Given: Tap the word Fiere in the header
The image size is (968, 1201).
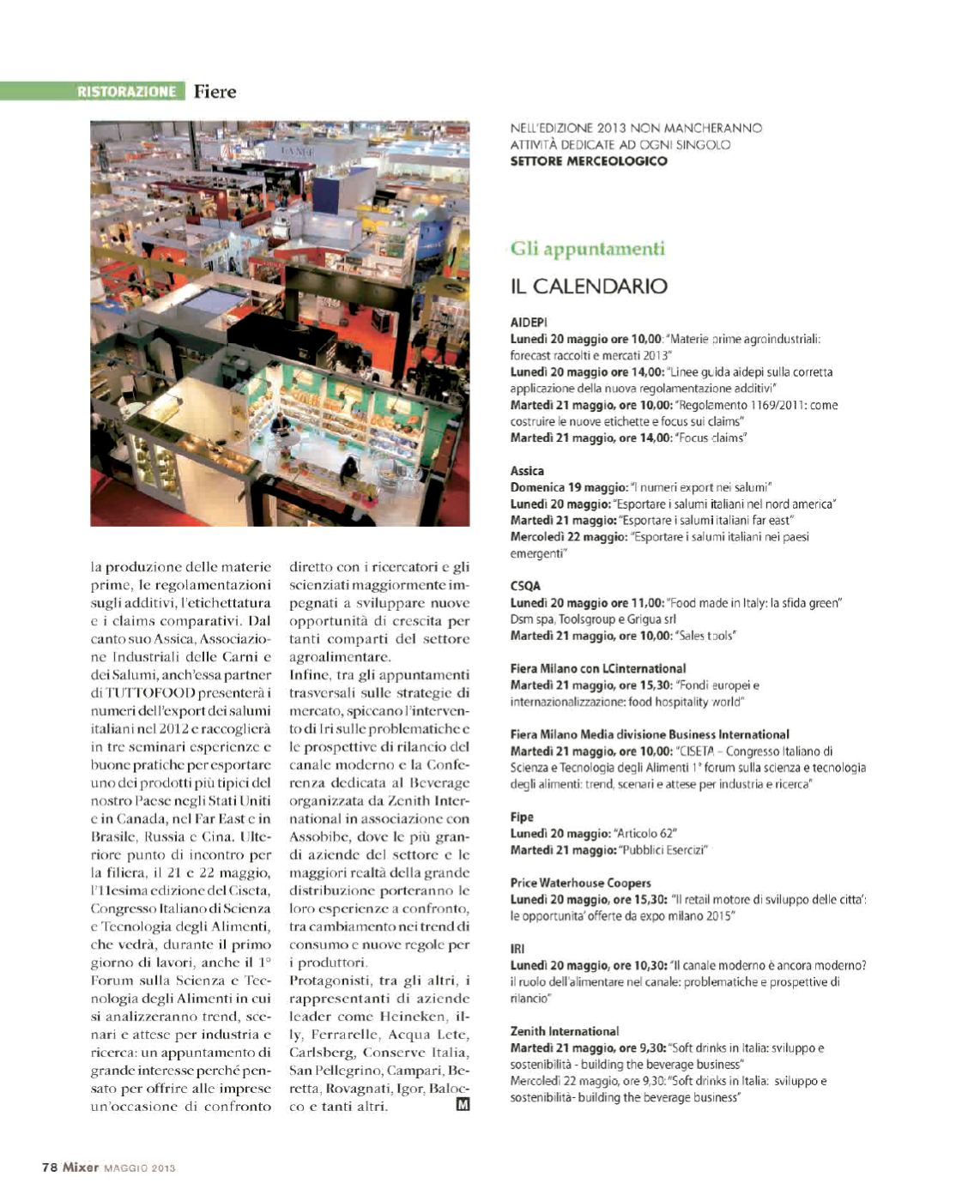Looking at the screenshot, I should tap(215, 91).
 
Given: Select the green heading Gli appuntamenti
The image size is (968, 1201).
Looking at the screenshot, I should tap(587, 249).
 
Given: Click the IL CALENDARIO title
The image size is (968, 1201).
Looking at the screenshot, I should tap(588, 286).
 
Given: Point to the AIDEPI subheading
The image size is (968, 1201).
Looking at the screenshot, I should tap(529, 323).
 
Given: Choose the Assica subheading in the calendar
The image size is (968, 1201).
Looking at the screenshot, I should tap(527, 471).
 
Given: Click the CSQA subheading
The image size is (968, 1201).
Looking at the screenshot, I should tap(525, 586).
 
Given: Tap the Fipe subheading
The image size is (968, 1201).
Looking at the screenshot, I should tap(522, 817).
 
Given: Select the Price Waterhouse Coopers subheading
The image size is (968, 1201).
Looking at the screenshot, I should tap(580, 883).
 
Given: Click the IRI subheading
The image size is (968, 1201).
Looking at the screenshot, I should tap(517, 949).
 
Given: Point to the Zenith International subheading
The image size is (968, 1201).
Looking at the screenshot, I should tap(564, 1031).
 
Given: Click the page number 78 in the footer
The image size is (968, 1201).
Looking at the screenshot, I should tap(49, 1167).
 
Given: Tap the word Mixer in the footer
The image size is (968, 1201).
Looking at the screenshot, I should tap(81, 1167).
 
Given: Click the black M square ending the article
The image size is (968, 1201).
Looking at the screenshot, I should tap(463, 1105).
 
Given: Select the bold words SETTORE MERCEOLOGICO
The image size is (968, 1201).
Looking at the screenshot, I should tap(588, 160).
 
